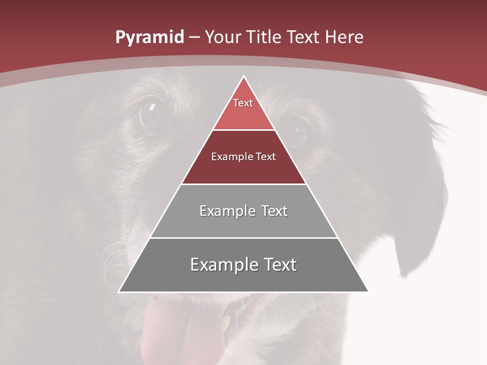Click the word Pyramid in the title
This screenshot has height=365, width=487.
click(x=149, y=38)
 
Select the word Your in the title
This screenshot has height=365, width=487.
click(x=223, y=37)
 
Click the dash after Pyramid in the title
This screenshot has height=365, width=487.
click(x=195, y=38)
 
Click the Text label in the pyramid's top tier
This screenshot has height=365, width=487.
click(x=243, y=103)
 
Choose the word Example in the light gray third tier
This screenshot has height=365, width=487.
click(x=226, y=211)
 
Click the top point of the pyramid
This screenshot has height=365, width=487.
click(x=243, y=77)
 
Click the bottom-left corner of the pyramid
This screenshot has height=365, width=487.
click(x=119, y=291)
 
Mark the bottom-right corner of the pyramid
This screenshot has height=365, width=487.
click(x=368, y=291)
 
